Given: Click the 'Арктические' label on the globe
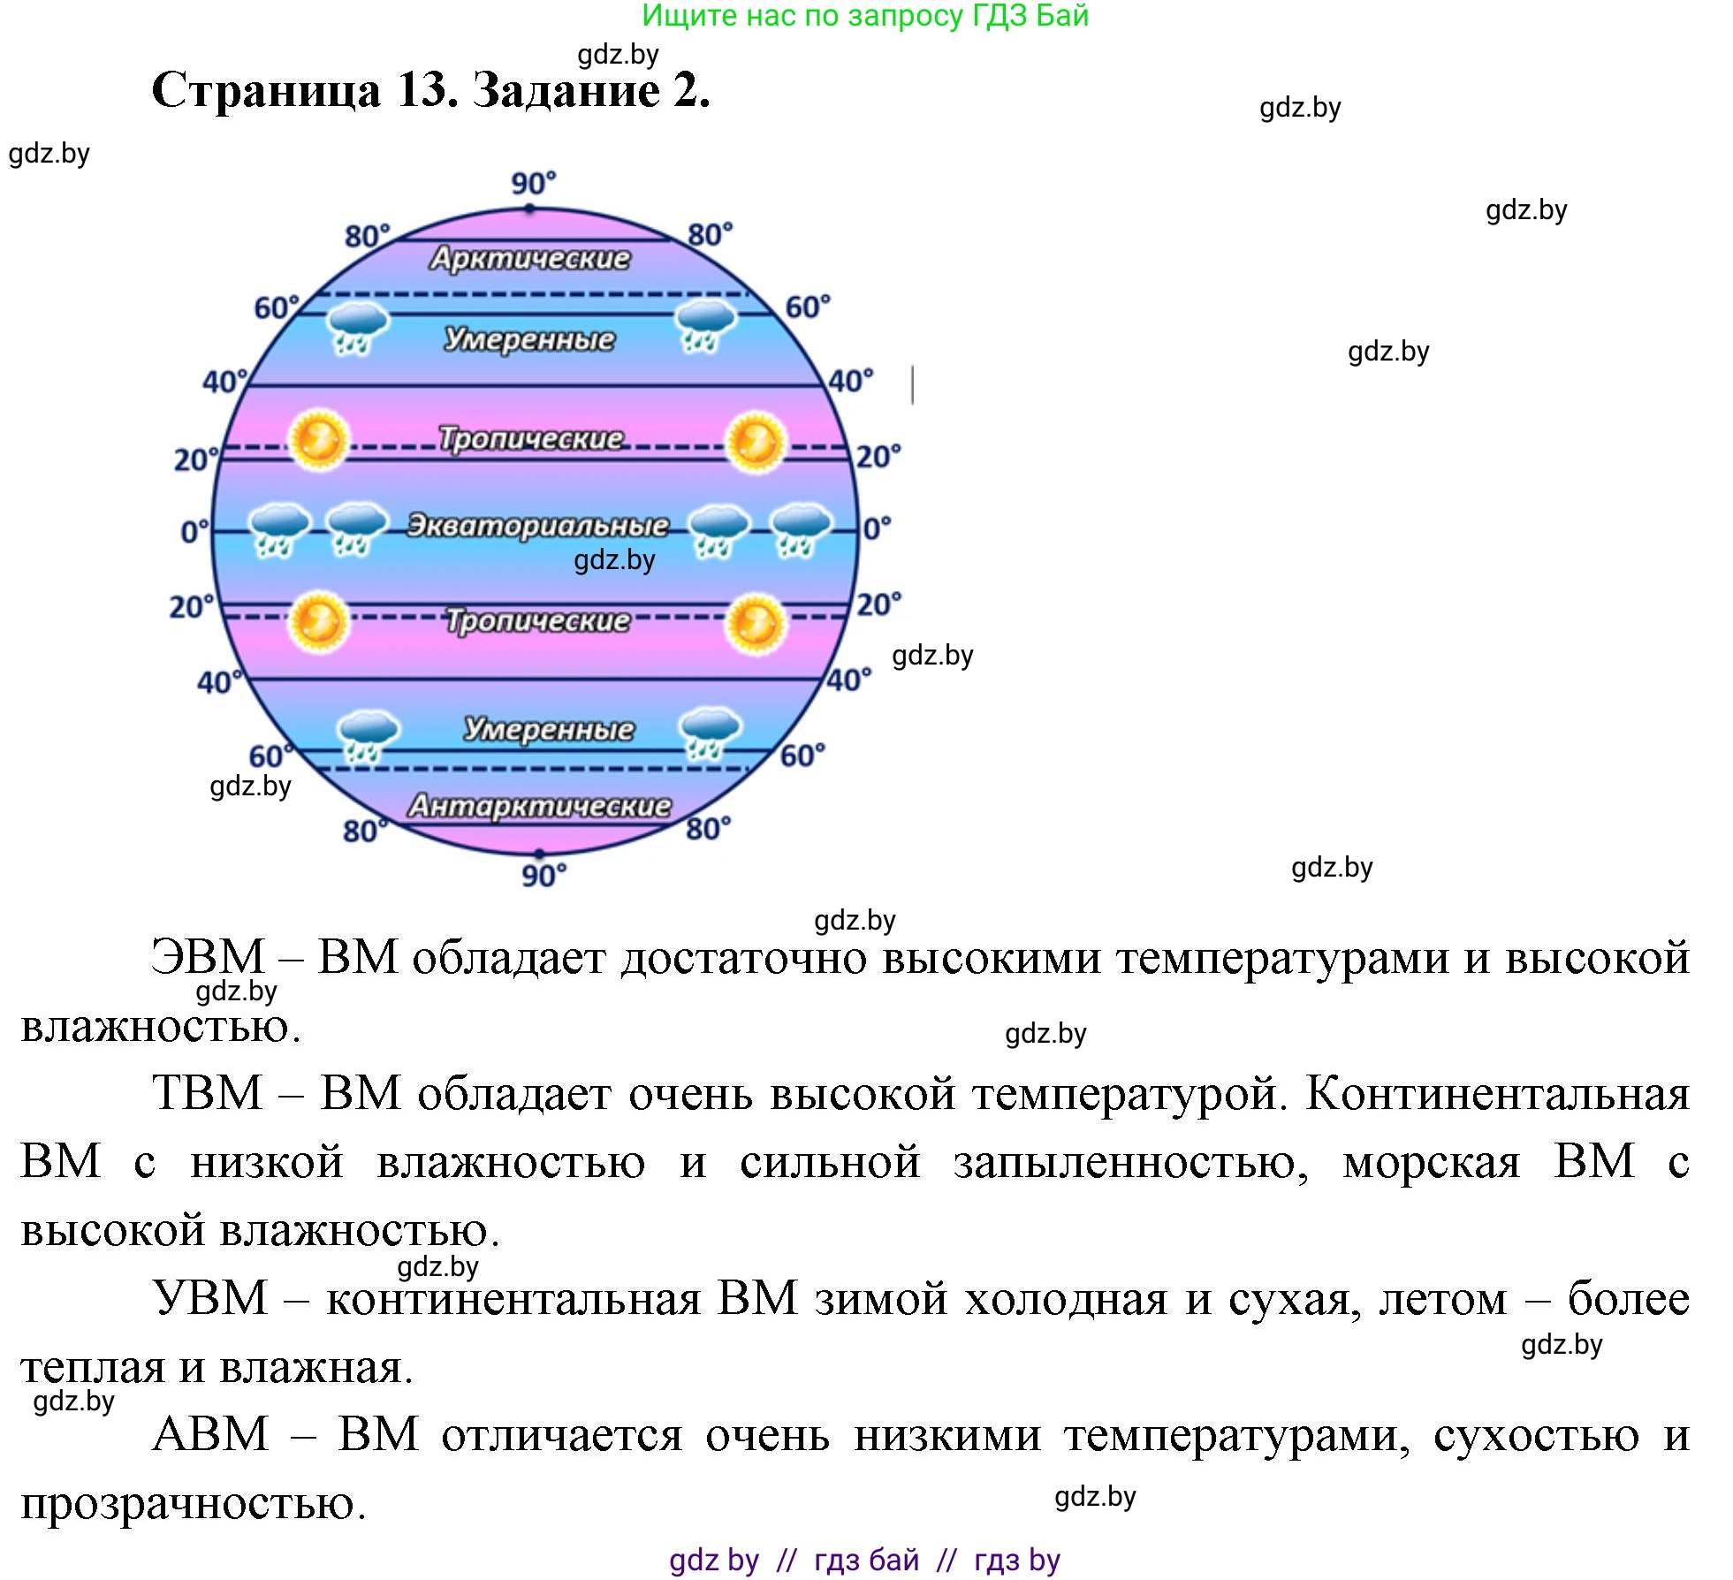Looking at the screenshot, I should (530, 258).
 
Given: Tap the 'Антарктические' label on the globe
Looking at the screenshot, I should (539, 806).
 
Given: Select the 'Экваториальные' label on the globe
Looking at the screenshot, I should (537, 525).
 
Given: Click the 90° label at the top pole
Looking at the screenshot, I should (534, 184).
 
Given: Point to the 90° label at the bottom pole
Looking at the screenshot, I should (543, 876).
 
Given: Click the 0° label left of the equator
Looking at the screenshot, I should (194, 532).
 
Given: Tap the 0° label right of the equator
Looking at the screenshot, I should (877, 528).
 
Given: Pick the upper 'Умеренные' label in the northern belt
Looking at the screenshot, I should (529, 338).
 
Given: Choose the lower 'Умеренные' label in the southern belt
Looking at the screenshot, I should (549, 729).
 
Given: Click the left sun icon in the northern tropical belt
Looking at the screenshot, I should (318, 440).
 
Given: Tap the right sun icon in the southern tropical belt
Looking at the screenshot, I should (756, 624).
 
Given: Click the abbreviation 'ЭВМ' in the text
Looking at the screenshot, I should (208, 957).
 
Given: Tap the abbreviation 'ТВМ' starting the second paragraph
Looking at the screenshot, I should (208, 1093).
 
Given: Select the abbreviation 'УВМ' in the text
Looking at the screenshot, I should (209, 1298).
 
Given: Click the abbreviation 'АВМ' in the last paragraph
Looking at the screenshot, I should (210, 1434).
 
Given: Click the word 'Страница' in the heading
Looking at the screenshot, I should (266, 91).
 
